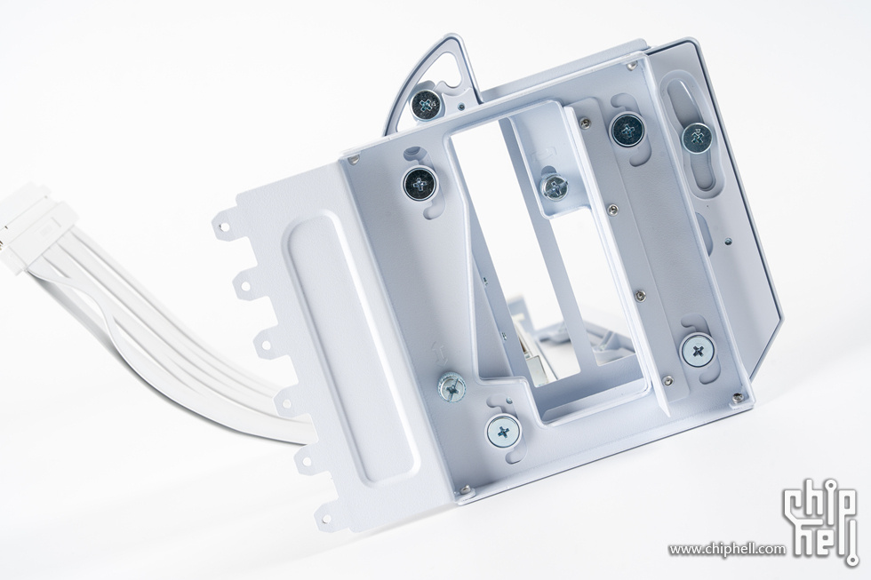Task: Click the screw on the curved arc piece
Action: [x=427, y=104]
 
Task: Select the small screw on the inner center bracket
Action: [x=555, y=187]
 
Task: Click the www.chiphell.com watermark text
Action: [x=727, y=549]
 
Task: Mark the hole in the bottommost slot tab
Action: [x=325, y=519]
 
